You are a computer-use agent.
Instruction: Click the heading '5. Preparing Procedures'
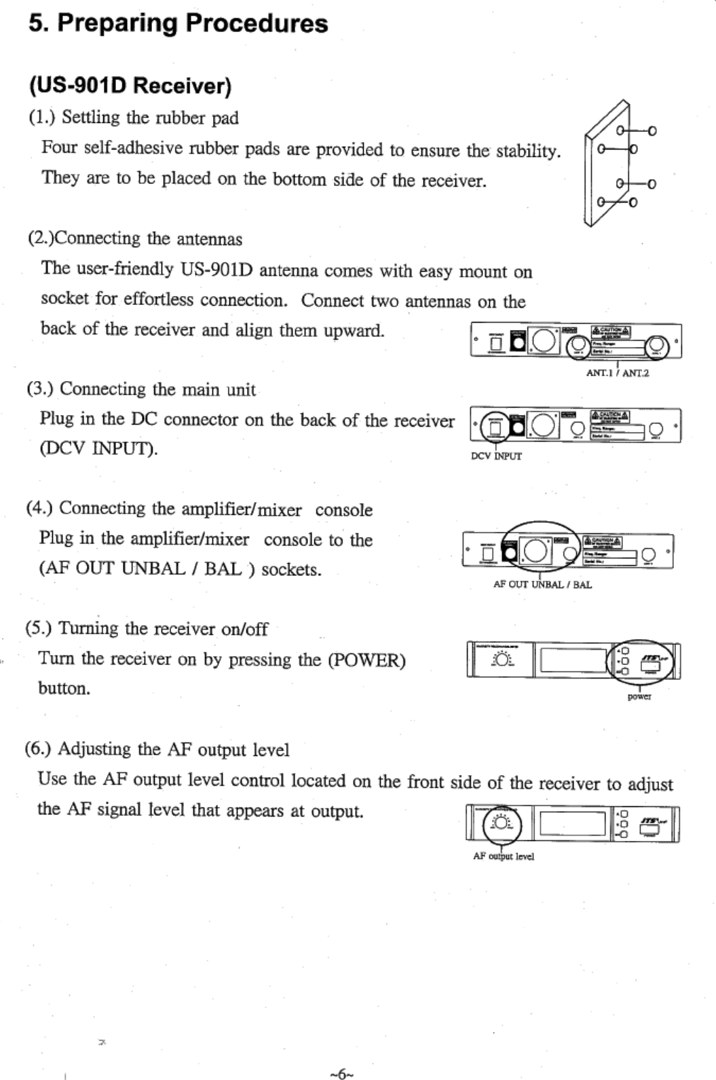pos(178,23)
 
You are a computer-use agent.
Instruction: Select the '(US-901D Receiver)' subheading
pos(130,86)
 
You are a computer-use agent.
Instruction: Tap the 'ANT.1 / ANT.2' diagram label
pos(617,373)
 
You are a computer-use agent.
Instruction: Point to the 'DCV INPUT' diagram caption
pos(496,456)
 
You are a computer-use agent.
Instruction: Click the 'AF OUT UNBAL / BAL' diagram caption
pos(542,584)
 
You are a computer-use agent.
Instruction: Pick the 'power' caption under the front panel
pos(639,697)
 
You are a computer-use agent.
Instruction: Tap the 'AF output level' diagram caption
pos(503,857)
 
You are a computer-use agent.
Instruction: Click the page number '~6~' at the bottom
pos(341,1074)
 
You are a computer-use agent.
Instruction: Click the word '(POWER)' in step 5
pos(366,660)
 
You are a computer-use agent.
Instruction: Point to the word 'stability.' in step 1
pos(528,150)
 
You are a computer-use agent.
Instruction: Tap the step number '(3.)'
pos(39,389)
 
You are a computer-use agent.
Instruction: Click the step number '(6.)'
pos(39,749)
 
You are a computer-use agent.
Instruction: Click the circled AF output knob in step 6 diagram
pos(502,824)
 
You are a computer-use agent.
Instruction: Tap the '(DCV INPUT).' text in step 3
pos(98,449)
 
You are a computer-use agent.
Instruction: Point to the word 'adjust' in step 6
pos(649,784)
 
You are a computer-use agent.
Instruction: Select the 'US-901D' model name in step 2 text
pos(216,270)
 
